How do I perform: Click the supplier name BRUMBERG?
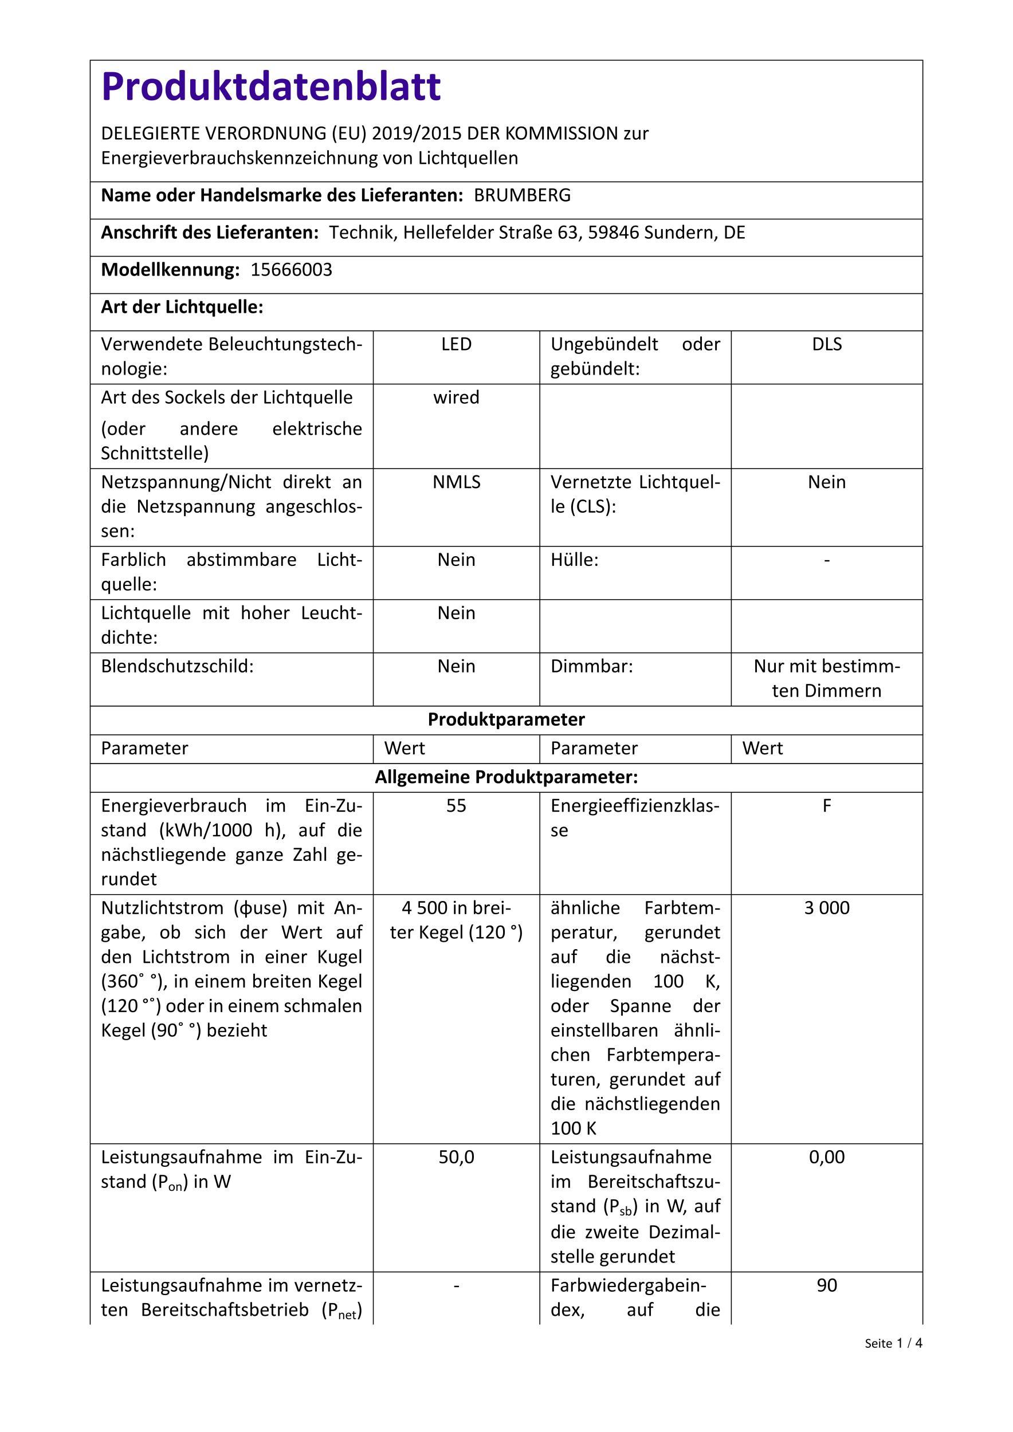[x=522, y=196]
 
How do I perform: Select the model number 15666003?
[x=291, y=270]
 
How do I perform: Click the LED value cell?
[x=456, y=344]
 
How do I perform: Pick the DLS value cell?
[x=826, y=344]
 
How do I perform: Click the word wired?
[x=456, y=398]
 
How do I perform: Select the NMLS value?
[x=456, y=482]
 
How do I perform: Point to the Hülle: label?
[x=574, y=560]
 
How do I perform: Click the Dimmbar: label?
[x=591, y=666]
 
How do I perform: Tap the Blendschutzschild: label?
[x=177, y=666]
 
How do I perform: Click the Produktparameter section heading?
[x=506, y=720]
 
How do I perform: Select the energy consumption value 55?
[x=456, y=806]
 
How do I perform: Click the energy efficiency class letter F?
[x=826, y=806]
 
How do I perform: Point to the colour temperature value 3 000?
[x=826, y=908]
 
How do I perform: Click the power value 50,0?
[x=456, y=1158]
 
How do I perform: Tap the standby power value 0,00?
[x=826, y=1158]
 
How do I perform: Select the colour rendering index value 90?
[x=826, y=1285]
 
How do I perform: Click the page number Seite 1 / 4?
[x=893, y=1343]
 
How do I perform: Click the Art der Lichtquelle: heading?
[x=182, y=308]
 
